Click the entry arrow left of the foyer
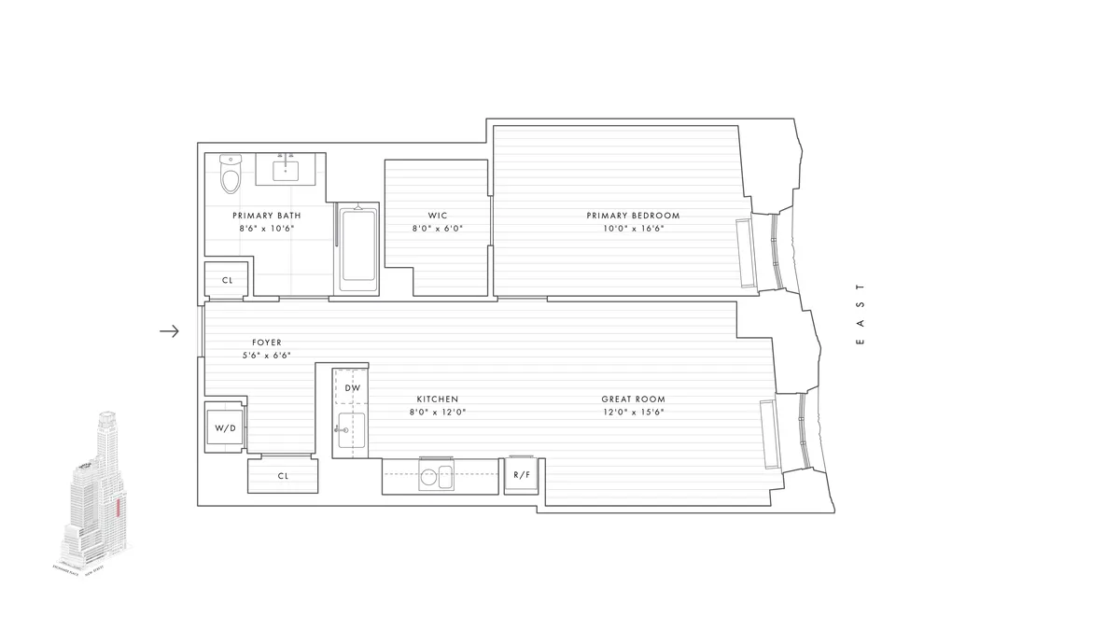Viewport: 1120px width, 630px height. coord(169,330)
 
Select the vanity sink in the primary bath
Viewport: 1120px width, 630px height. coord(285,170)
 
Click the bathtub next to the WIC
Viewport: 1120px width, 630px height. coord(357,245)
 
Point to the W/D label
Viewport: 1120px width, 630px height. coord(225,428)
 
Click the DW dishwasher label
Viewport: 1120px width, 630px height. coord(352,387)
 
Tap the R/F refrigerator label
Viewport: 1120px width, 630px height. coord(521,474)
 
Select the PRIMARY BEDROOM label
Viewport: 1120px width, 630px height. coord(633,216)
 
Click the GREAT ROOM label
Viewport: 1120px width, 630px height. coord(633,399)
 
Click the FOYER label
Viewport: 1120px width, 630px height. coord(266,343)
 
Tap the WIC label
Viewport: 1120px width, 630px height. coord(438,216)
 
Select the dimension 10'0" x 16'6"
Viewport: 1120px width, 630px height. coord(633,229)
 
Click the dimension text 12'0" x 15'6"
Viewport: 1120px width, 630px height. coord(633,413)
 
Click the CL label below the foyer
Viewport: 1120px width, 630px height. coord(284,475)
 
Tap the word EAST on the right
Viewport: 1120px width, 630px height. coord(861,315)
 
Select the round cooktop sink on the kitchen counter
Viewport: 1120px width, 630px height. coord(429,477)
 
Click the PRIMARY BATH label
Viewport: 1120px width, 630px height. coord(267,216)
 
